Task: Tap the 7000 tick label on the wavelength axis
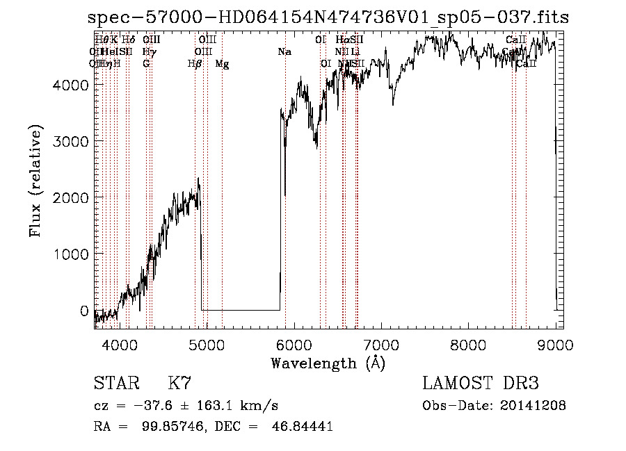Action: click(x=380, y=345)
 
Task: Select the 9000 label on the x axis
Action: click(x=555, y=345)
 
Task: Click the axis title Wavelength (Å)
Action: click(x=328, y=363)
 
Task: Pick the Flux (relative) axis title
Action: click(x=35, y=181)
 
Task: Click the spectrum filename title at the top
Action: click(x=328, y=18)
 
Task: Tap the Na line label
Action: click(x=284, y=52)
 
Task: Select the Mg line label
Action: click(x=222, y=64)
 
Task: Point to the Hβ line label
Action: click(x=195, y=64)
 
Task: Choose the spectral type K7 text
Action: click(x=179, y=384)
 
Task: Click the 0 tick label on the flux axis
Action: click(x=83, y=311)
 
